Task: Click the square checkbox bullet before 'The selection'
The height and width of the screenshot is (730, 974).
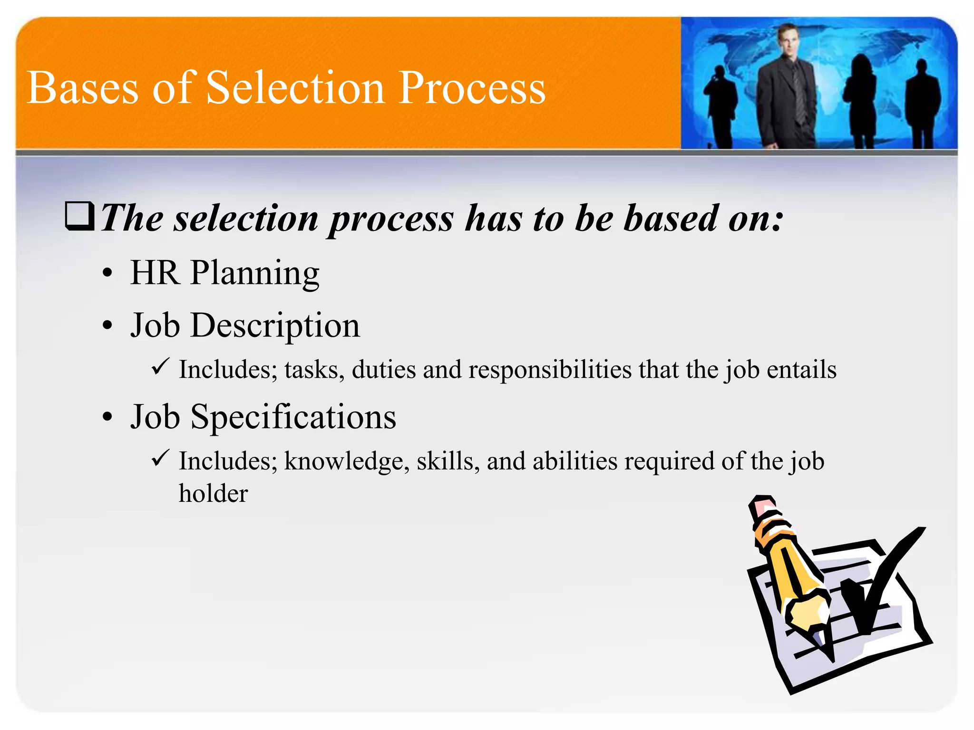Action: tap(79, 216)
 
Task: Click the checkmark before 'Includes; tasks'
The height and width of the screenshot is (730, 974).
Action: tap(160, 366)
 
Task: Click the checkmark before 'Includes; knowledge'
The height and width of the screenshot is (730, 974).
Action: tap(160, 458)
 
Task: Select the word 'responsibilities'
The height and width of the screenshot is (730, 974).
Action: tap(550, 370)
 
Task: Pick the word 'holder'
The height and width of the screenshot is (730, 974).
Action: tap(213, 493)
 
